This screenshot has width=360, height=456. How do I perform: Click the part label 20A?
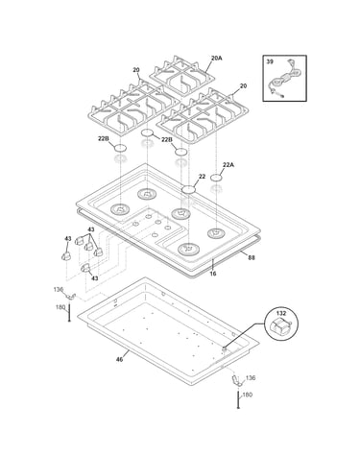tap(217, 59)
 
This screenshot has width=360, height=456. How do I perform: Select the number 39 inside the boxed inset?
tap(270, 61)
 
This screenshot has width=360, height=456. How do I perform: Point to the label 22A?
tap(228, 165)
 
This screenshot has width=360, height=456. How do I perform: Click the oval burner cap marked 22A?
tap(217, 178)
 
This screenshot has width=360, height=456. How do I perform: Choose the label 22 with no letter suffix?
tap(202, 177)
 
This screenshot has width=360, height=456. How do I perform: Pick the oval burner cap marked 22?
tap(188, 189)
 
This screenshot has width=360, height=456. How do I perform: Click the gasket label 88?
tap(252, 257)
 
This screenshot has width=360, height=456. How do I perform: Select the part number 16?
tap(213, 274)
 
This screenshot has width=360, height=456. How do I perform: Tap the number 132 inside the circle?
tap(281, 313)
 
